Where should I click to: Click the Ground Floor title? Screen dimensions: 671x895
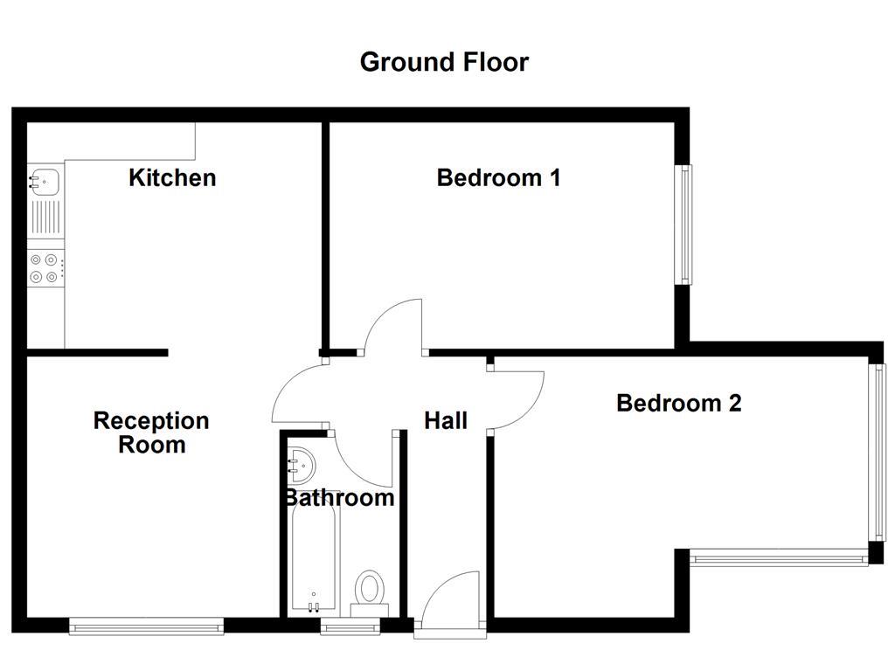[444, 62]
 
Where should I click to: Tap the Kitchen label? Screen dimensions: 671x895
[172, 177]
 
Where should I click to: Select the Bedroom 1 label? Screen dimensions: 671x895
[498, 177]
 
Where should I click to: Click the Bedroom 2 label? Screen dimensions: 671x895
[678, 403]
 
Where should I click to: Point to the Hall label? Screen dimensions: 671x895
[446, 421]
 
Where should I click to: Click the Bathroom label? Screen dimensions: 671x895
[338, 498]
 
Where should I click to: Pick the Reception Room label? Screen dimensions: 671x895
[151, 432]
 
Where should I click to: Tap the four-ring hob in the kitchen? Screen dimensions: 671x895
[45, 268]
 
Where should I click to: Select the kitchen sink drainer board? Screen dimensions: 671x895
[45, 218]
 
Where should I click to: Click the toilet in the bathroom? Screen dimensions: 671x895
[370, 591]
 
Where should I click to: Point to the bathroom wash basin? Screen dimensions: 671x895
[302, 464]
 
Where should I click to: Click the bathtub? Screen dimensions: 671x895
[314, 559]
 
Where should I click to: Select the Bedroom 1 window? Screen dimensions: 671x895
[686, 225]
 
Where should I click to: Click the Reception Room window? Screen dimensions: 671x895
[146, 625]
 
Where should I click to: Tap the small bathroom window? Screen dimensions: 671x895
[350, 625]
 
